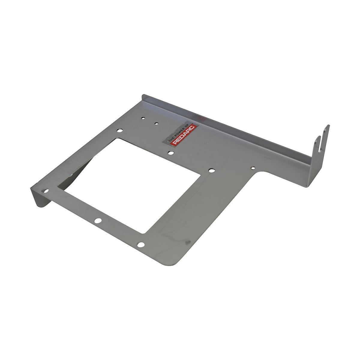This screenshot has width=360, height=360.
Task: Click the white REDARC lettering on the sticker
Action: click(185, 135)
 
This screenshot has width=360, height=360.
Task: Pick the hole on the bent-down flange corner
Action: click(46, 191)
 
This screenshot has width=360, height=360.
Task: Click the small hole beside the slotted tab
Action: click(253, 168)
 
